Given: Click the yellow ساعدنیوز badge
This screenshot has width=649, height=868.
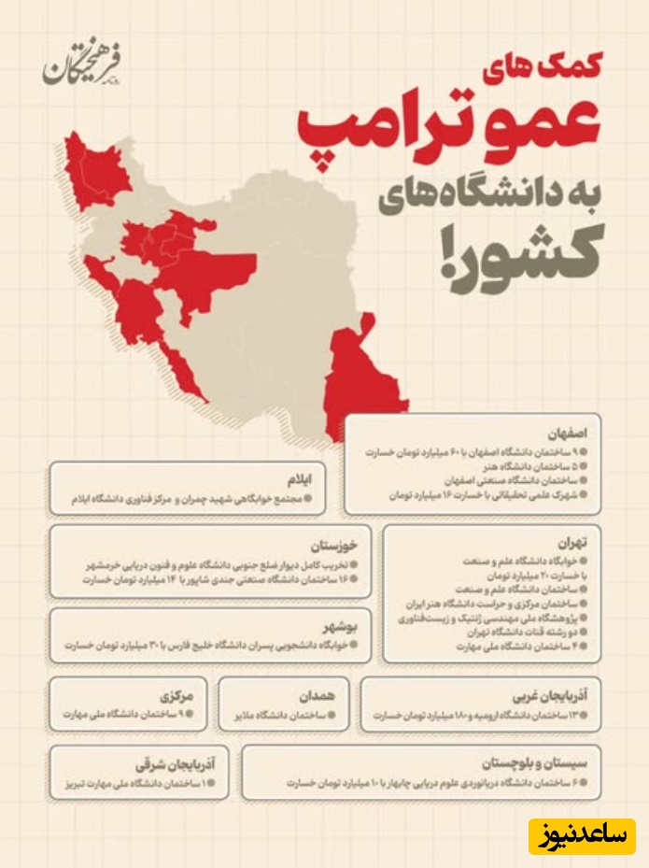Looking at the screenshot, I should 582,835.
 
